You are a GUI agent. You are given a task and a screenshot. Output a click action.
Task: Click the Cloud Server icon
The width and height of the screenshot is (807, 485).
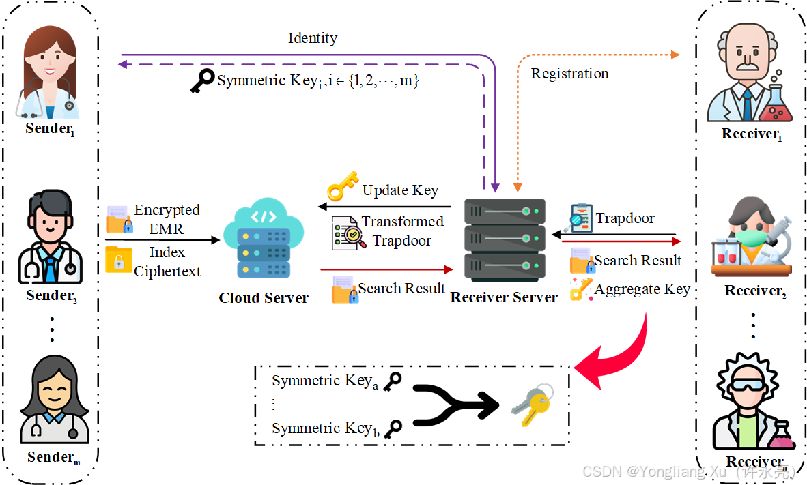(264, 238)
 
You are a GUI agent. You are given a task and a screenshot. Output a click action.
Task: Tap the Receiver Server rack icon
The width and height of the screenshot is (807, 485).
(505, 239)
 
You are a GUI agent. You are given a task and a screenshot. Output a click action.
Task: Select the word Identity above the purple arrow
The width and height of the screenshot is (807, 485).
(313, 39)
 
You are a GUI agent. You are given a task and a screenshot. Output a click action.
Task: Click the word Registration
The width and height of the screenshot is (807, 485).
(569, 74)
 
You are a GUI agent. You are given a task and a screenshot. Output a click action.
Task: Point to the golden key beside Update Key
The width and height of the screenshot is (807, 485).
(343, 186)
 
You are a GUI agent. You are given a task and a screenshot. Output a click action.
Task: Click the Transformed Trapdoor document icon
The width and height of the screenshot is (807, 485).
(348, 233)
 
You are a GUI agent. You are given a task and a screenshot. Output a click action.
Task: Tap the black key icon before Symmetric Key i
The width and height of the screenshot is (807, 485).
(202, 80)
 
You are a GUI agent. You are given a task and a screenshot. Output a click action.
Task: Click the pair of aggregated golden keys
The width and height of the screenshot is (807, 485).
(533, 405)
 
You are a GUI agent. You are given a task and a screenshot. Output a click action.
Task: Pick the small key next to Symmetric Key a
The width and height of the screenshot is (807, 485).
(393, 381)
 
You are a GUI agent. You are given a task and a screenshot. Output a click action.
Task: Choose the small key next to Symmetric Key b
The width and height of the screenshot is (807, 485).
(393, 429)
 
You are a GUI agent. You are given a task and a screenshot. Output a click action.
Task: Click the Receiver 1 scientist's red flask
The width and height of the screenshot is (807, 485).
(777, 104)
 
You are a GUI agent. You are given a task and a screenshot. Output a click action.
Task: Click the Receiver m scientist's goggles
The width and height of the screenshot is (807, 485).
(748, 385)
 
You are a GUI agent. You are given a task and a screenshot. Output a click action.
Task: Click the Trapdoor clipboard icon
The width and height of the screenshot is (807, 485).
(580, 218)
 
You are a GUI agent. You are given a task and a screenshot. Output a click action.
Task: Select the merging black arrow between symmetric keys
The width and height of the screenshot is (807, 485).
(455, 405)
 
